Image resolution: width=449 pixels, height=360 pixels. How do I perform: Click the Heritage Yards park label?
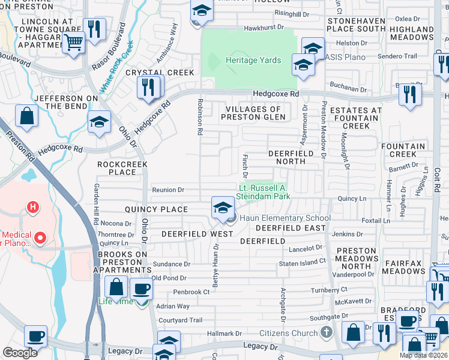tap(253, 61)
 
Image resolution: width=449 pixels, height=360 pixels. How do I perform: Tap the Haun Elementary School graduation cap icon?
tap(223, 208)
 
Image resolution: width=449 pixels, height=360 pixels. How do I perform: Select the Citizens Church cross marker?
tap(326, 332)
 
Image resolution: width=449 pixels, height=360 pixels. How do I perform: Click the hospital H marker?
tap(33, 208)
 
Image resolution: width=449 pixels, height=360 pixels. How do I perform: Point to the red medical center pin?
tap(40, 238)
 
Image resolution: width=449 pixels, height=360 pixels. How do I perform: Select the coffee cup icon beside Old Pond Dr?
tap(141, 289)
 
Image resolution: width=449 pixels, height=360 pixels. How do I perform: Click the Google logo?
tap(20, 353)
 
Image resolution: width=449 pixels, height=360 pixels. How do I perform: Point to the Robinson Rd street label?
tap(199, 116)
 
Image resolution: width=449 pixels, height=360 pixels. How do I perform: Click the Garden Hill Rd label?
tap(95, 202)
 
